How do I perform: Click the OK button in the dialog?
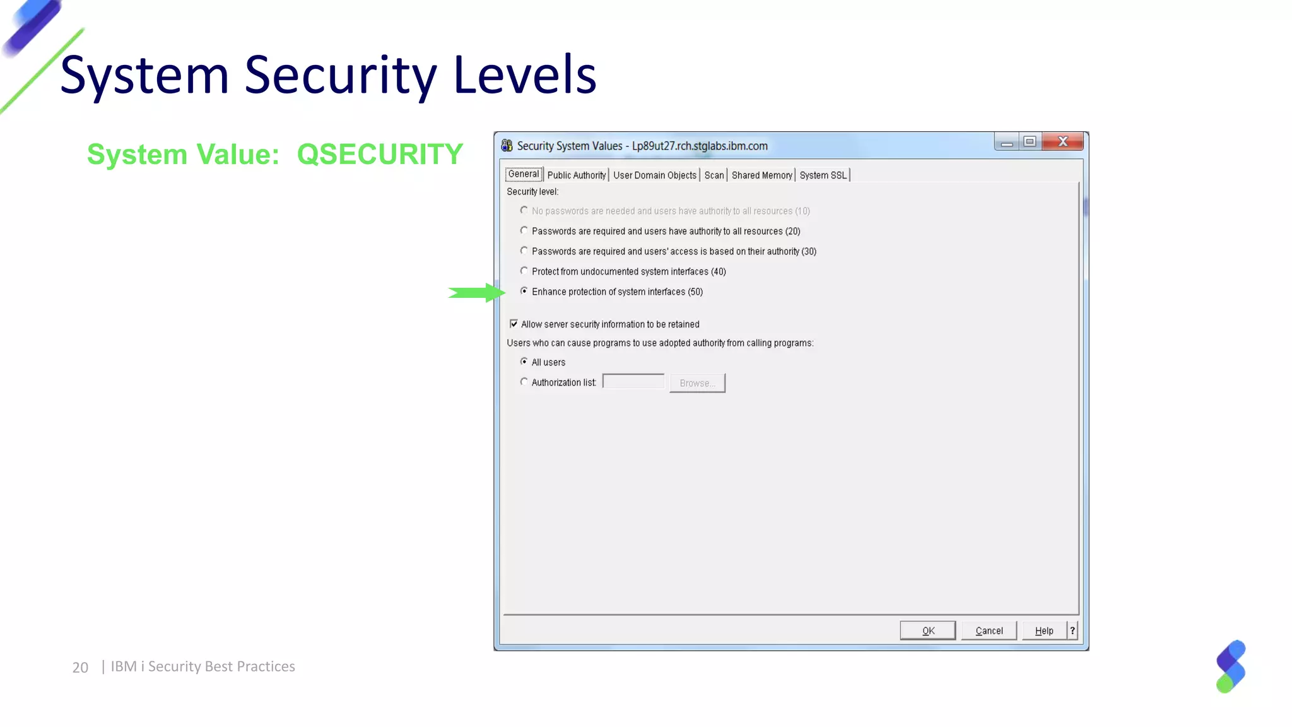pos(927,630)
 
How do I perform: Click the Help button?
pos(1044,630)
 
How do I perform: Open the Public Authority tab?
pos(576,175)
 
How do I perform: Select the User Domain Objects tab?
pos(654,175)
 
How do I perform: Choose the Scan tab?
pos(714,175)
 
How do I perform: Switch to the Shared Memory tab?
pos(761,175)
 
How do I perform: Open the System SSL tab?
pos(823,175)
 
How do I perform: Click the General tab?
pos(524,174)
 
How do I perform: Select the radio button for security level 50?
pos(524,291)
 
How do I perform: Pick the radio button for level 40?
pos(524,271)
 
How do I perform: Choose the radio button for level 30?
pos(524,251)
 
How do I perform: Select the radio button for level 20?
pos(524,230)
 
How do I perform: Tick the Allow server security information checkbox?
pos(514,324)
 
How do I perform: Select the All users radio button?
pos(524,362)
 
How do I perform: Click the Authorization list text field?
pos(633,382)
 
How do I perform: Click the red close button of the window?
pos(1062,141)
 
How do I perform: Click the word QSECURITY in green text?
pos(380,154)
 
